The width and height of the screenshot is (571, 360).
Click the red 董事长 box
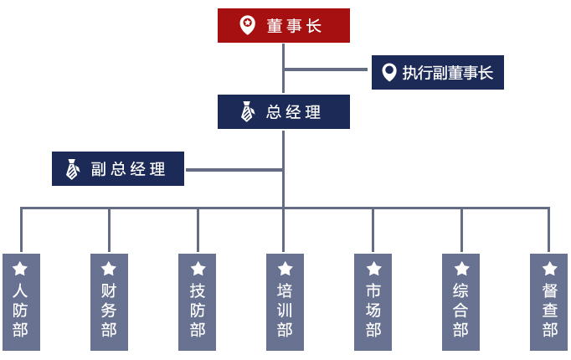284,25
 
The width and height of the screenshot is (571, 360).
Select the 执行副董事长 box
438,73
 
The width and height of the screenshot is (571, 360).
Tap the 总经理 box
284,111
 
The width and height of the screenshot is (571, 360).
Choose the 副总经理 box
118,168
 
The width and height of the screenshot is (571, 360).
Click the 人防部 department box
21,302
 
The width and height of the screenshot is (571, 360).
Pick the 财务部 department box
109,302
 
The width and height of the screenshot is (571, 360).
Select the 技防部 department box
197,302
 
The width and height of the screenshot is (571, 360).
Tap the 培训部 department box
285,302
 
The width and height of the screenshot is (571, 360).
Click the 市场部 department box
373,302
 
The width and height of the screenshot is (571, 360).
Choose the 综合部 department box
460,302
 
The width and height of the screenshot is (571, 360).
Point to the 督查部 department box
548,302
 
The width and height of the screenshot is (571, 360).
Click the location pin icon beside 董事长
247,25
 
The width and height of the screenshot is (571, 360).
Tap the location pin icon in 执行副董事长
389,72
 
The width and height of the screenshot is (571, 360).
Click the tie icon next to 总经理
247,111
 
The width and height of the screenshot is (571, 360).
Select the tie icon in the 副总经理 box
73,169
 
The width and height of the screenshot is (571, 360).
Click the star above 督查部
549,269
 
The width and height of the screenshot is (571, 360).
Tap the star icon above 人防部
20,269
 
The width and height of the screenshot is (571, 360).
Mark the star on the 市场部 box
373,269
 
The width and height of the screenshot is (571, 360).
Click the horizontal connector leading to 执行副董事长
326,69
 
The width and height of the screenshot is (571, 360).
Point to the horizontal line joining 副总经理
234,170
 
